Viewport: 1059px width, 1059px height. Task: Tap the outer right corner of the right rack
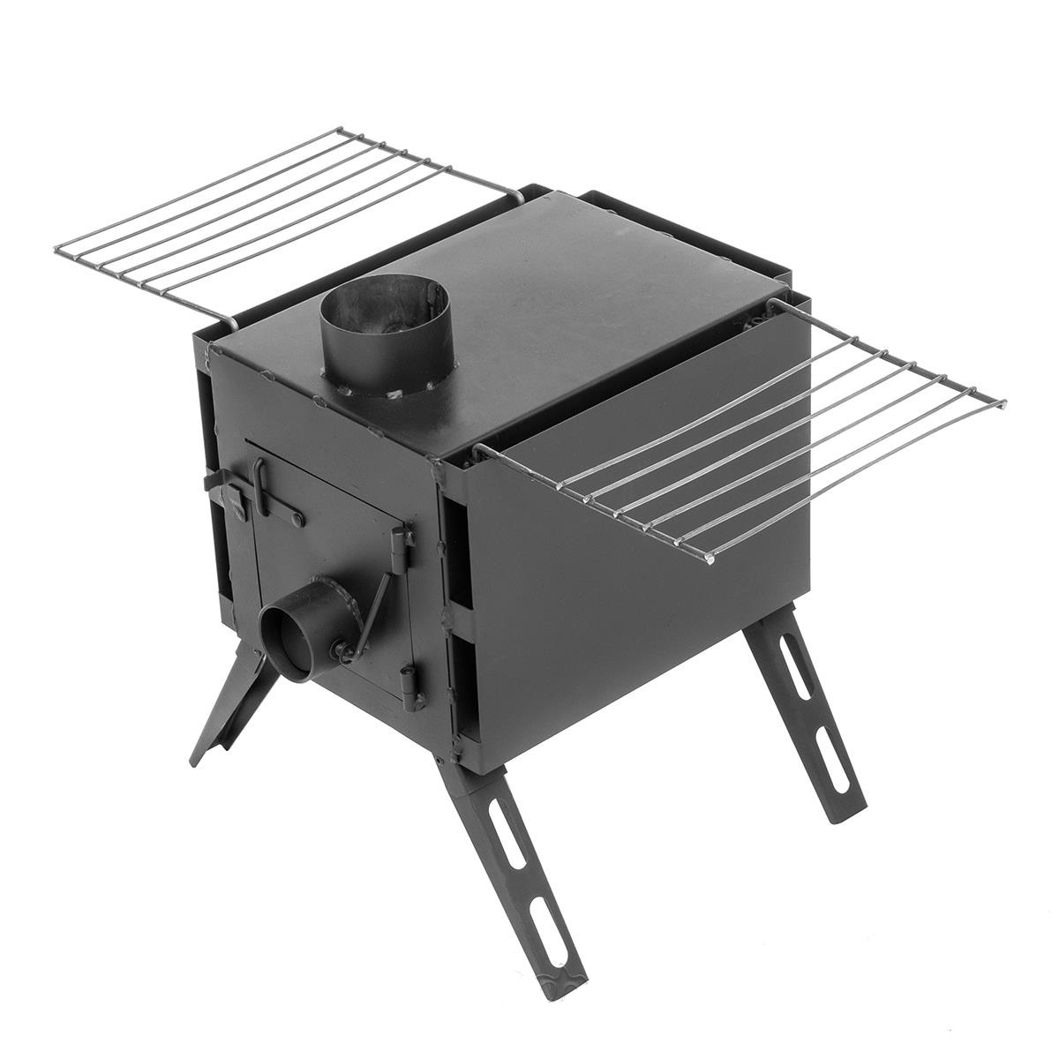coord(1003,404)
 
